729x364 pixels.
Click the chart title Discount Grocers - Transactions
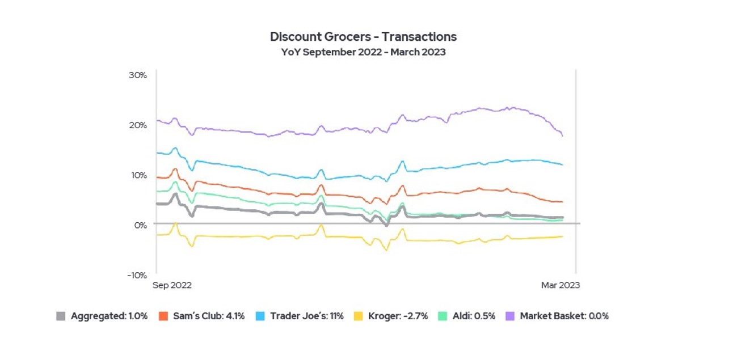(363, 37)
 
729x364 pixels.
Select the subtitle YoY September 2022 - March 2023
(363, 52)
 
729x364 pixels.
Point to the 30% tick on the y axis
(138, 75)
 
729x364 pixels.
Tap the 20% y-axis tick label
(138, 125)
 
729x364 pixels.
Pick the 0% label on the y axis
(141, 225)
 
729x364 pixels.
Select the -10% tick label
(137, 275)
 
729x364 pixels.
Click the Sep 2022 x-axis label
(172, 285)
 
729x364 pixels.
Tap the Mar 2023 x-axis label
(560, 285)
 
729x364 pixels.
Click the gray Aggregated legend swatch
(61, 316)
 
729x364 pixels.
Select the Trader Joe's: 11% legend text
(307, 316)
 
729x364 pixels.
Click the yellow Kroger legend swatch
(358, 316)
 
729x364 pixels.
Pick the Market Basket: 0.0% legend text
(564, 316)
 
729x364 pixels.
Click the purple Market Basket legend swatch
(510, 316)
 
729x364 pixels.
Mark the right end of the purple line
(562, 136)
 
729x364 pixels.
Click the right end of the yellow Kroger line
(562, 236)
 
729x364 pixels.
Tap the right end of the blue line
(562, 164)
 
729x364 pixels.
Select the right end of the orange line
(562, 202)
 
